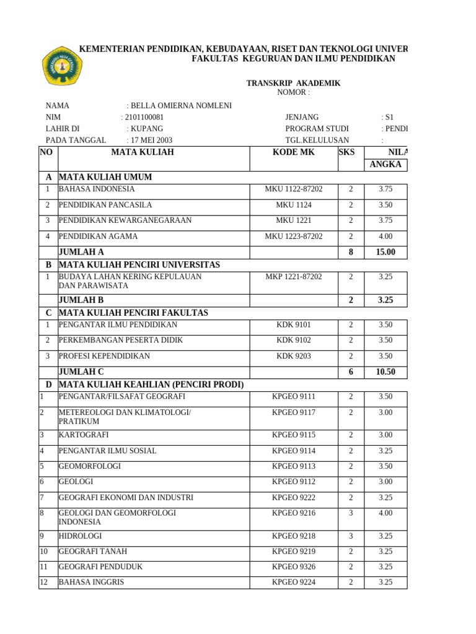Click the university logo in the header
(x=61, y=66)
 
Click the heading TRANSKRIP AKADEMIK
(x=293, y=84)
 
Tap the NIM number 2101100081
(x=144, y=117)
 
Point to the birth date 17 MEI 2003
(x=151, y=140)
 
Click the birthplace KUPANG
(x=146, y=129)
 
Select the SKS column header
(x=347, y=152)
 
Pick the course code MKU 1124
(x=293, y=205)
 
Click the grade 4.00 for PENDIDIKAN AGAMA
(x=386, y=237)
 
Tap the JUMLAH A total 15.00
(x=386, y=252)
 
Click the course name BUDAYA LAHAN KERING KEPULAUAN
(x=130, y=277)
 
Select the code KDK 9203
(x=293, y=356)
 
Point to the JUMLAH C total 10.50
(x=386, y=372)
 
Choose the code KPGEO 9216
(x=293, y=513)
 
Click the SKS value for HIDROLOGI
(x=351, y=536)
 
